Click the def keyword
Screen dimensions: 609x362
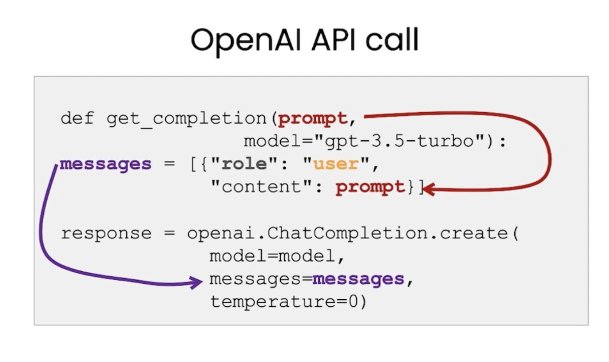point(77,118)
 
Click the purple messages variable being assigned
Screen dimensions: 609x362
point(105,164)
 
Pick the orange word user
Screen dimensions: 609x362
point(336,164)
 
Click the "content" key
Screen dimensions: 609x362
point(261,186)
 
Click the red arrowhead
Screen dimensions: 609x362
point(429,189)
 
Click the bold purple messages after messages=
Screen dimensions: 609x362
point(358,279)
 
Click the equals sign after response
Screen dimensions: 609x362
point(169,233)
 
